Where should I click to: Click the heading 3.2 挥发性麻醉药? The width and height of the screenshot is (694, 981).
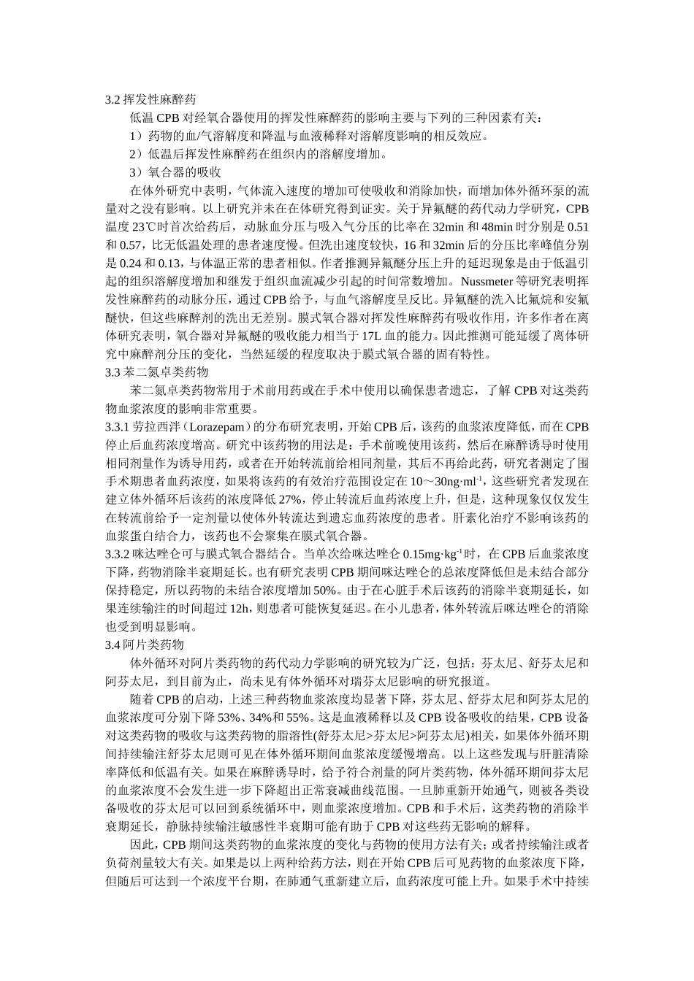click(150, 99)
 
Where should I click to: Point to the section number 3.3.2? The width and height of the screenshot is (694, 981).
click(118, 554)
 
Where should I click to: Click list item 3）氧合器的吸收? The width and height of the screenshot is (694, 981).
click(175, 172)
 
